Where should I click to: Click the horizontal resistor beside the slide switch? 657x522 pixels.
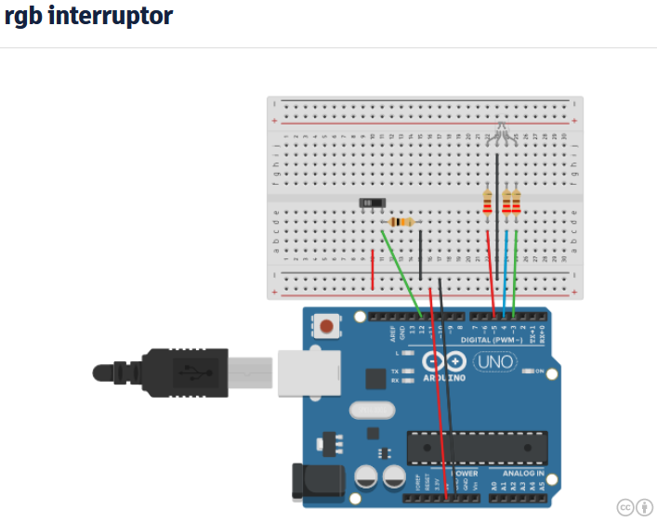[x=401, y=222]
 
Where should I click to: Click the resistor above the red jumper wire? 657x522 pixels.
[x=488, y=202]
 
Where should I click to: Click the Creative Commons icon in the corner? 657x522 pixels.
[x=625, y=506]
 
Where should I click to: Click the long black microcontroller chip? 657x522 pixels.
[x=473, y=446]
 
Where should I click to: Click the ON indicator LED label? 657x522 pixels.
[x=537, y=371]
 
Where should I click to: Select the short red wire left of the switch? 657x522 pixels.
[x=374, y=268]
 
